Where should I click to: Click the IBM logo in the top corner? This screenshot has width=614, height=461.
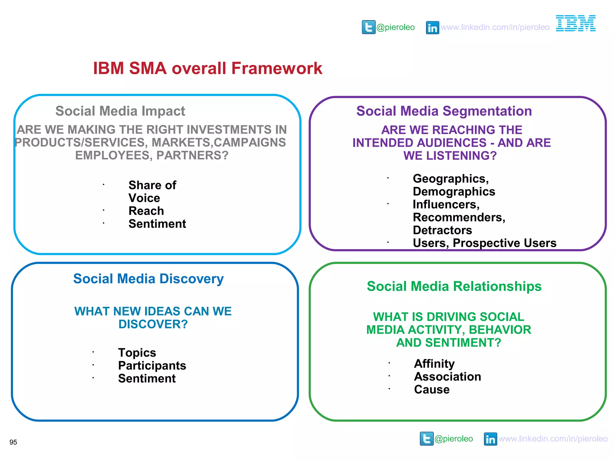point(576,23)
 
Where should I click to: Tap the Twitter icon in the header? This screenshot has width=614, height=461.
point(368,27)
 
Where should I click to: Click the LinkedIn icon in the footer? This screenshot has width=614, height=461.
point(490,439)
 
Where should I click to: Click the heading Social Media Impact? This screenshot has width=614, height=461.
point(120,111)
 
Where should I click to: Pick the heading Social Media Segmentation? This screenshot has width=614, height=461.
point(444,111)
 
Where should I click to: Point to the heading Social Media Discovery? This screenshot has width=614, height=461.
point(148,279)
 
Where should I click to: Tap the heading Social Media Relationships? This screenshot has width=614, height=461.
point(454,286)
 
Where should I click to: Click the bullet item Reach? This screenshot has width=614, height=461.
point(146,211)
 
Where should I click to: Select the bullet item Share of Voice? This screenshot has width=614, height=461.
point(152,191)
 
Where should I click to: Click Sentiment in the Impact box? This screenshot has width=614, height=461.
point(157,224)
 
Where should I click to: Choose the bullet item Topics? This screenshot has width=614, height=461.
point(137,353)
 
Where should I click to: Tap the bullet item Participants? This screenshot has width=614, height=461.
point(152,366)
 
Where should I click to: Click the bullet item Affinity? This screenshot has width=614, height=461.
point(434,364)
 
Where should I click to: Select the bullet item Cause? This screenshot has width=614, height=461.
point(432,390)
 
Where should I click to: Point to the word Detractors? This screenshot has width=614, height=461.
point(442,230)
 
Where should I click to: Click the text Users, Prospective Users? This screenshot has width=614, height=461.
point(484,243)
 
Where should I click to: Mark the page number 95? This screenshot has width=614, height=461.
point(13,442)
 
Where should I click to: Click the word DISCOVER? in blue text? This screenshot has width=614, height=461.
point(153,324)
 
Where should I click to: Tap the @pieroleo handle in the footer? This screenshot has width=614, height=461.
point(454,439)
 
